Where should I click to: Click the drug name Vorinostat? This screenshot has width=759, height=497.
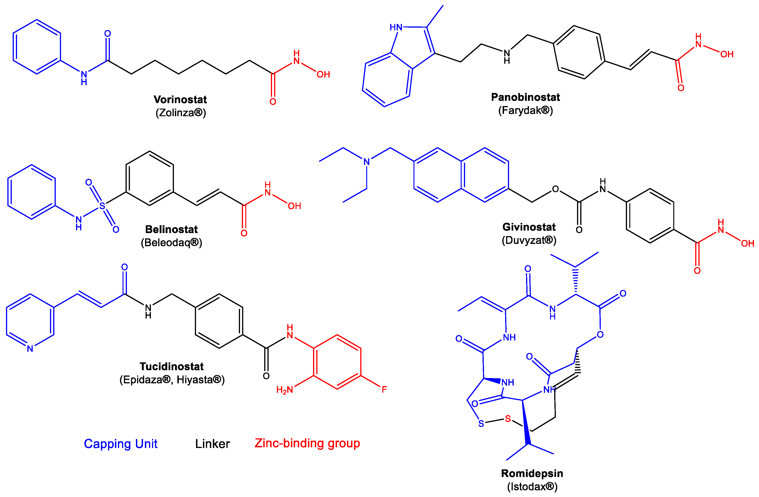click(x=180, y=99)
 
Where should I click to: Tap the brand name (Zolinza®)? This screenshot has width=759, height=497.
click(x=181, y=113)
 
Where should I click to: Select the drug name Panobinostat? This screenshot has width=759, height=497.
click(x=525, y=97)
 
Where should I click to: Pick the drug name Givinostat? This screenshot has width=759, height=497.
click(x=529, y=227)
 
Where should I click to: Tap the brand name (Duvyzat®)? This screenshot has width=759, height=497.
click(x=529, y=240)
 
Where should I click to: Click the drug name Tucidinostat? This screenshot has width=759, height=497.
click(x=172, y=367)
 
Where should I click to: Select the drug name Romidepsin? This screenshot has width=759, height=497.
click(x=532, y=474)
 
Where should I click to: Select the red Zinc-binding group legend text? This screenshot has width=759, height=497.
click(x=307, y=443)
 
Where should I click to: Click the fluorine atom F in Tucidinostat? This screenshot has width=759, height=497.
click(x=384, y=389)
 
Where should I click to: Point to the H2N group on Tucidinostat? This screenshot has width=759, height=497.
click(x=284, y=390)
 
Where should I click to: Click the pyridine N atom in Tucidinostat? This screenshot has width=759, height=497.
click(x=30, y=349)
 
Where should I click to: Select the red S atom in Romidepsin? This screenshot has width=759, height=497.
click(x=508, y=419)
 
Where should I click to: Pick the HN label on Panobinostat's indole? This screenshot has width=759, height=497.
click(x=396, y=27)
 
